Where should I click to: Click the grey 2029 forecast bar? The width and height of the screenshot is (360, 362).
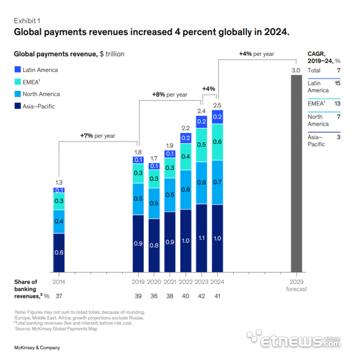click(296, 173)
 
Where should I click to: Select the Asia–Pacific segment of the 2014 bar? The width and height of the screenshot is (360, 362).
click(58, 252)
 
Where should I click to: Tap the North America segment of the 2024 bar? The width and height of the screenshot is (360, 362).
click(217, 182)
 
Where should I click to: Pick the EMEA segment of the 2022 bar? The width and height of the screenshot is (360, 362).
click(186, 156)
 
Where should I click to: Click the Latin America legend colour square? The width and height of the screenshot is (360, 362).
click(17, 70)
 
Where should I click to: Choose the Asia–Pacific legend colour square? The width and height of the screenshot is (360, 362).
click(17, 107)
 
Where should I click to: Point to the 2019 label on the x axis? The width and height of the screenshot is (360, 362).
click(138, 282)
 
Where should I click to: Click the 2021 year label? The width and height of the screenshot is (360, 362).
click(170, 282)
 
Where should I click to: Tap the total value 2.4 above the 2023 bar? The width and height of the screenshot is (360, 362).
click(201, 111)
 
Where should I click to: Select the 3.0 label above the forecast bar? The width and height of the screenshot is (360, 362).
click(296, 70)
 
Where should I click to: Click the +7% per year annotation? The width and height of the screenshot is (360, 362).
click(98, 135)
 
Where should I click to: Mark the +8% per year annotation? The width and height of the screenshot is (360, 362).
click(169, 95)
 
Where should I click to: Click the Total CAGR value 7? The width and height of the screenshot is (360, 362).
click(338, 70)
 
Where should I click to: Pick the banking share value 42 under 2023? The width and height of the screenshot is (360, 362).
click(201, 296)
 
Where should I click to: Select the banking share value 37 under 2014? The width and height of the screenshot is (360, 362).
click(58, 296)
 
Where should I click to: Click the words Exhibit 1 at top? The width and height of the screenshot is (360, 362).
click(26, 21)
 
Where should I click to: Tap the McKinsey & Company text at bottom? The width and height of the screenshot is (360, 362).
click(37, 348)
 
